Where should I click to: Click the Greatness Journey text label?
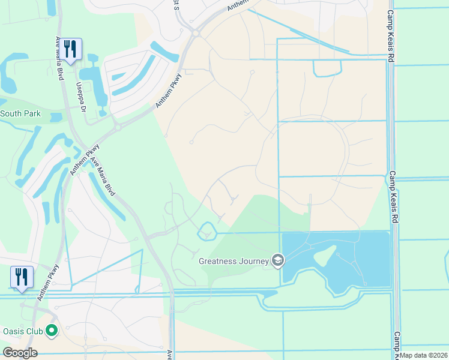coord(235,260)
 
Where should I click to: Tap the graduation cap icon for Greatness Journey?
coord(278,260)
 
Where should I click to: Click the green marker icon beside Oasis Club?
coord(52,330)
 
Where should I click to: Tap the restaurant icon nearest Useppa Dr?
coord(70,49)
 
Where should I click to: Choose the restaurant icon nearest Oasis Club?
coord(22,278)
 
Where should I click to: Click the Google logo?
coord(20,353)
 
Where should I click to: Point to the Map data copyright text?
coord(424,355)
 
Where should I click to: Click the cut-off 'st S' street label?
coord(176,5)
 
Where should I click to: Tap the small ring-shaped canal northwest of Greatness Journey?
coord(206,230)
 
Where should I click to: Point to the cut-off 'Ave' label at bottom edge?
coord(170,355)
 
